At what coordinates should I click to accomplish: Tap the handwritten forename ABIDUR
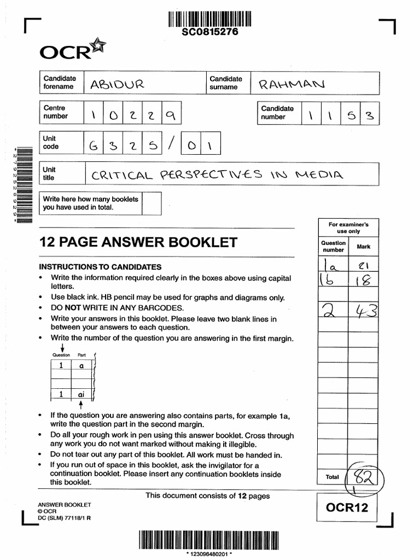pos(116,84)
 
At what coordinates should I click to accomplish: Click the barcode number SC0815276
pos(210,32)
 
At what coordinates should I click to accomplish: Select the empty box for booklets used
pos(151,203)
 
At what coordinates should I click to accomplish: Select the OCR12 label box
pos(347,507)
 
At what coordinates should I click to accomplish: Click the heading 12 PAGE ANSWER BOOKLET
pos(138,242)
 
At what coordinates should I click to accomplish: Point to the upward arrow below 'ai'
pos(81,405)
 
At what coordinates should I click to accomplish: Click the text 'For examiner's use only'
pos(348,228)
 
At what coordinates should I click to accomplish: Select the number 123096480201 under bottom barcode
pos(210,554)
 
